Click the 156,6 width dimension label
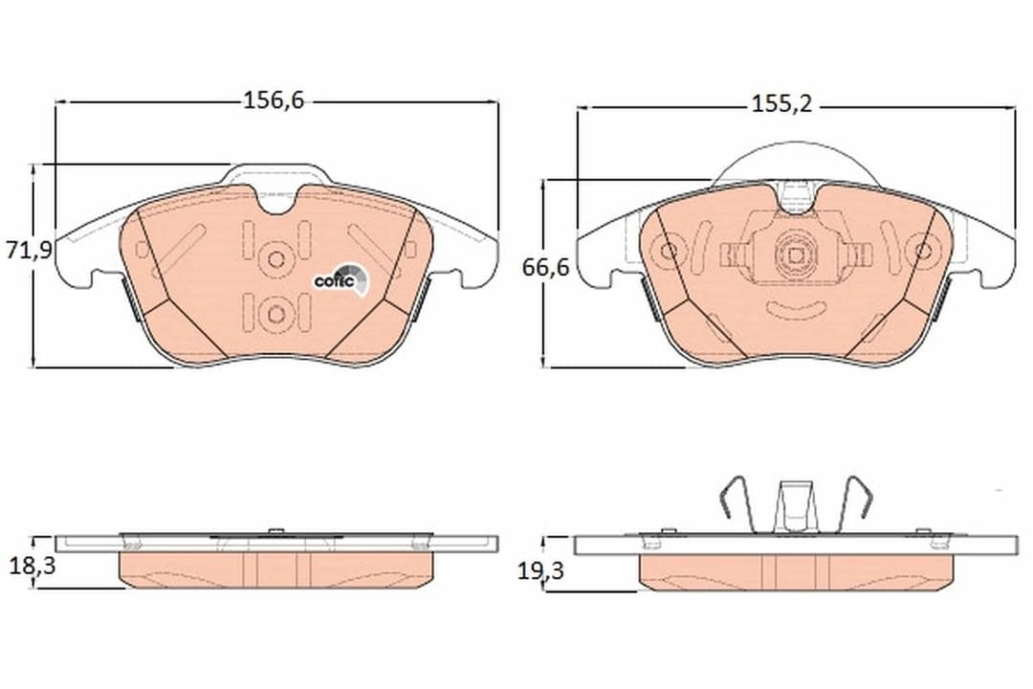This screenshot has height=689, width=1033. [275, 100]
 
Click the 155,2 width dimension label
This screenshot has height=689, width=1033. [782, 104]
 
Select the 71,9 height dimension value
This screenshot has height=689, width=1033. [29, 251]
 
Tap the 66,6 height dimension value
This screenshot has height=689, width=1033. [545, 268]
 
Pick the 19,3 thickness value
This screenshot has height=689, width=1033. [540, 571]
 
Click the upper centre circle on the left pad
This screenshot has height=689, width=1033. [276, 258]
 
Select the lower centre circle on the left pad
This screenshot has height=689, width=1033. [276, 313]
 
